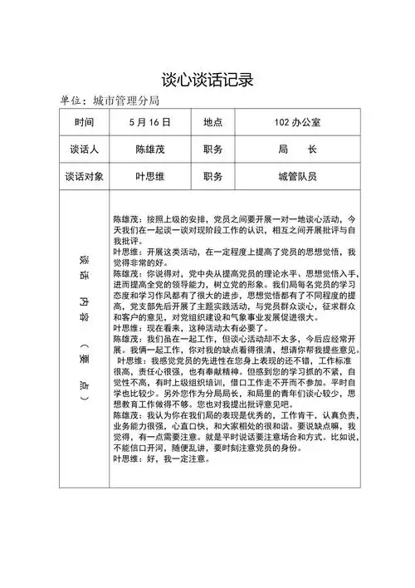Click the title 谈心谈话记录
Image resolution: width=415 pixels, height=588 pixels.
pyautogui.click(x=207, y=80)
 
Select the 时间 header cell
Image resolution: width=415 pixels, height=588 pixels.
pyautogui.click(x=83, y=122)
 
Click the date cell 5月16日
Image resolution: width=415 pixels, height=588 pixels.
pyautogui.click(x=150, y=122)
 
